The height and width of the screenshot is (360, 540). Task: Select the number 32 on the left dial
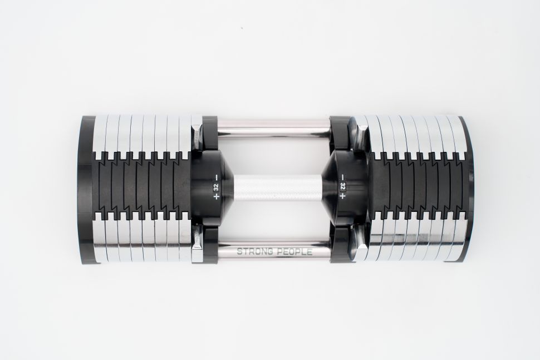pos(216,187)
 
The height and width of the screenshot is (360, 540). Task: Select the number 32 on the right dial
pos(342,186)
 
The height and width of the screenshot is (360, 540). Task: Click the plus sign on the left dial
pos(216,196)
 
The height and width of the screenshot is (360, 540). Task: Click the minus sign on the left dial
pos(216,177)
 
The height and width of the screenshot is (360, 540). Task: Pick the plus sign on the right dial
pos(342,196)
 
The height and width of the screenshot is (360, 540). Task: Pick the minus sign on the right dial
pos(342,177)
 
